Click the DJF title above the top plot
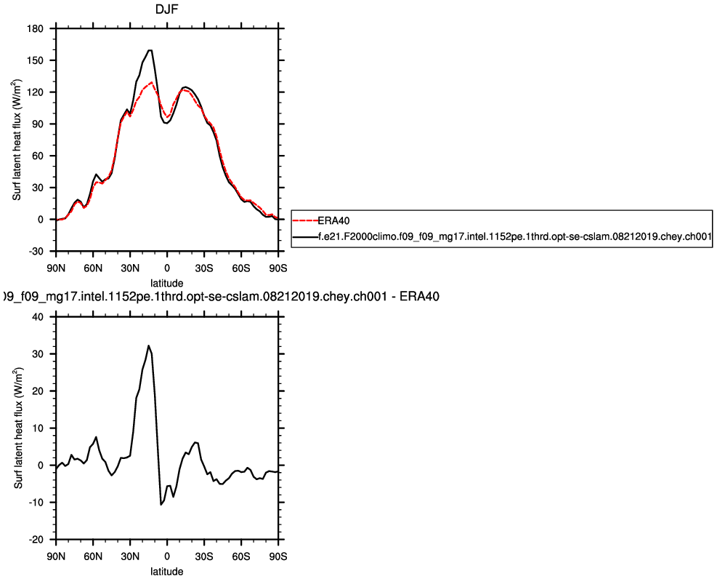pos(166,9)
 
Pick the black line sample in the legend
pos(305,236)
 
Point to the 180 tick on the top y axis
pos(36,28)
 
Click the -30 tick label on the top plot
pos(36,251)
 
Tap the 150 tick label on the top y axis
pos(36,60)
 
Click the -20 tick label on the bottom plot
pos(36,539)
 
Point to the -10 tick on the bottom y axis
pos(36,502)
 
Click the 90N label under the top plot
pos(56,268)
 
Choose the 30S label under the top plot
pos(204,268)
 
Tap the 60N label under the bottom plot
pos(93,556)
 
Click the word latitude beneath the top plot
pos(167,282)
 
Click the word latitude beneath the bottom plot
pos(167,571)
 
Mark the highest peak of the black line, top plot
pos(150,50)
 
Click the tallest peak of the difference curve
pos(148,346)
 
